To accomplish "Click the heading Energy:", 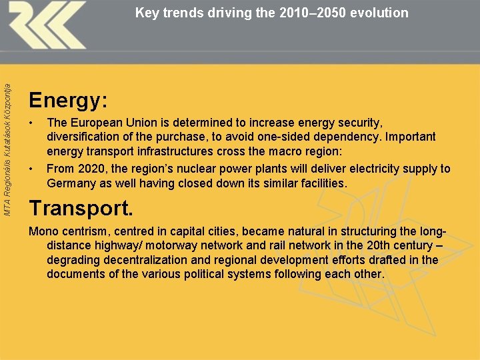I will click(68, 101).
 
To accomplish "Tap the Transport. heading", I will click(81, 208).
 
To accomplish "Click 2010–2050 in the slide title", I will click(309, 12).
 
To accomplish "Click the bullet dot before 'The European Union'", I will click(31, 123).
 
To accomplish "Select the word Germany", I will click(72, 183).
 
